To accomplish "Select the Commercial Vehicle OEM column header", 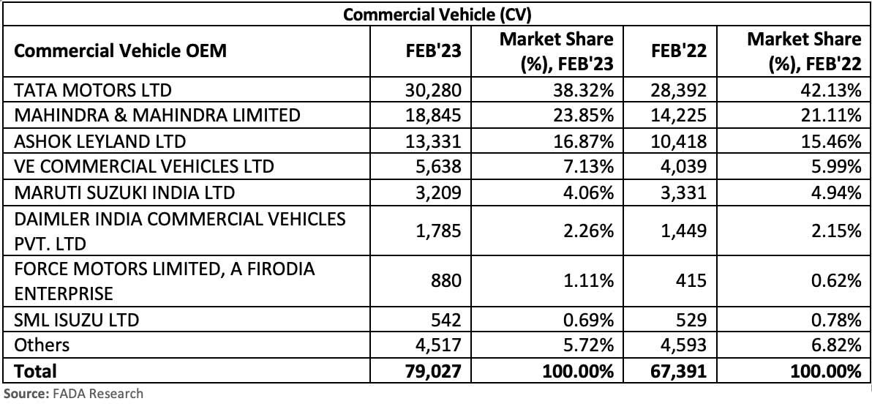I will [121, 50].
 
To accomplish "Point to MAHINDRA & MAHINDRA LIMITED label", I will [157, 115].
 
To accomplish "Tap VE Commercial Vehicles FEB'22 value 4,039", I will [687, 166].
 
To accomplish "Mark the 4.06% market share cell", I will [590, 192].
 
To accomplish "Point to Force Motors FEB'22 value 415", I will [692, 281].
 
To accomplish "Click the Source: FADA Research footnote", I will [73, 394].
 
